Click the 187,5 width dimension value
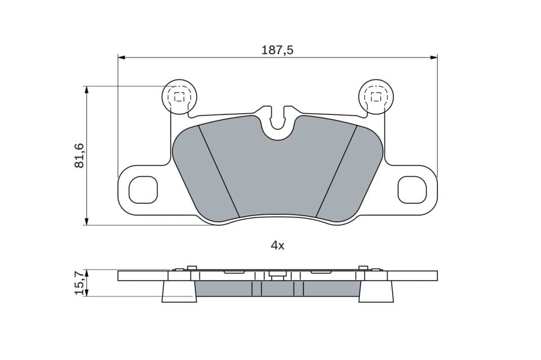pyautogui.click(x=277, y=50)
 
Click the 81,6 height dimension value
pyautogui.click(x=79, y=156)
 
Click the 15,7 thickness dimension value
pyautogui.click(x=79, y=283)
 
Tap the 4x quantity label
pyautogui.click(x=277, y=246)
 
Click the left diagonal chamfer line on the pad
pyautogui.click(x=219, y=171)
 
